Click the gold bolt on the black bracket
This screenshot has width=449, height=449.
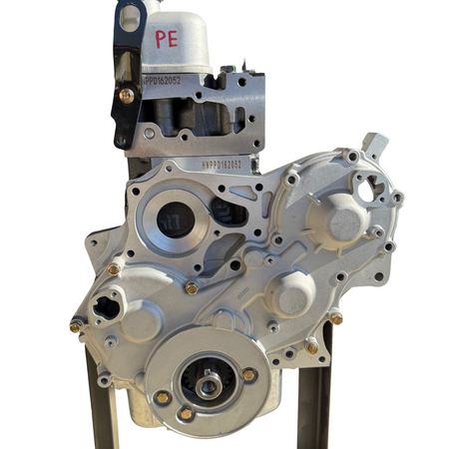[127, 95]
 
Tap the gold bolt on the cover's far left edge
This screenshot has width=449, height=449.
[75, 325]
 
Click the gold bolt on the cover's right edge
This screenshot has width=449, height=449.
[335, 318]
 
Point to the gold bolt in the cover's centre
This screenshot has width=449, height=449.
[191, 287]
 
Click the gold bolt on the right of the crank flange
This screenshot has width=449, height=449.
[248, 374]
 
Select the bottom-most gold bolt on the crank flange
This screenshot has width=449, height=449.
[186, 413]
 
